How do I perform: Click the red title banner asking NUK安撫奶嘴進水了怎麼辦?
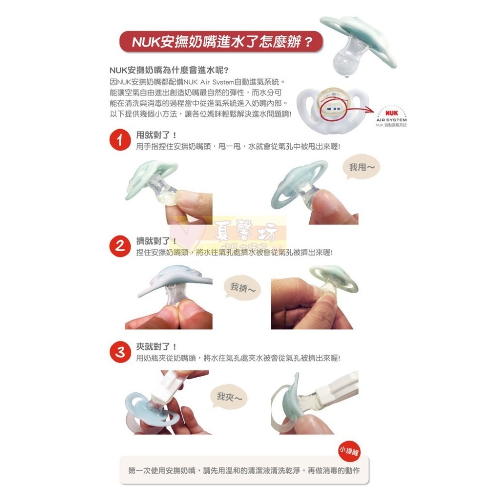(221, 41)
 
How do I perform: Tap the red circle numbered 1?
(120, 141)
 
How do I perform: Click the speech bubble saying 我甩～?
(361, 168)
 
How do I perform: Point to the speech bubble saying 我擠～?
(243, 288)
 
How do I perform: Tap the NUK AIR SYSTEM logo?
(392, 117)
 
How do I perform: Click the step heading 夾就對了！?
(157, 347)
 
